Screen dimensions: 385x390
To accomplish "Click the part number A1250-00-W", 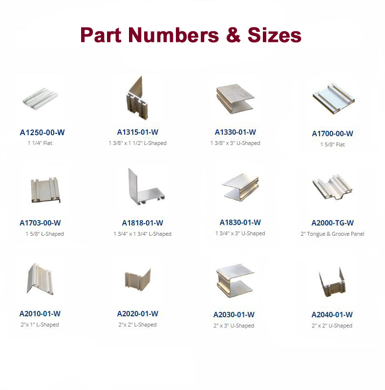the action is pyautogui.click(x=42, y=132).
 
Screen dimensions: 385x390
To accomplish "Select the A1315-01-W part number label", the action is pyautogui.click(x=137, y=132).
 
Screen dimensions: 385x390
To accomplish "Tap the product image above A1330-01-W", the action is pyautogui.click(x=235, y=99).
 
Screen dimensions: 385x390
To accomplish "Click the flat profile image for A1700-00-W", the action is pyautogui.click(x=333, y=99).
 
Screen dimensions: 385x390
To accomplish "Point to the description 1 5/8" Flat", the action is pyautogui.click(x=332, y=144).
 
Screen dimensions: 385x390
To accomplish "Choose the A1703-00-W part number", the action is pyautogui.click(x=40, y=223).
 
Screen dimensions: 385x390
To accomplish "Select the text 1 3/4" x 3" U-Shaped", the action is pyautogui.click(x=240, y=233).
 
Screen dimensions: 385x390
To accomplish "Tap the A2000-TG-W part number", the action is pyautogui.click(x=332, y=223).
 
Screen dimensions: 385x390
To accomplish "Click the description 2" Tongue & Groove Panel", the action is pyautogui.click(x=332, y=234).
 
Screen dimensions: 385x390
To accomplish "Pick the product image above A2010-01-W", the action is pyautogui.click(x=40, y=279).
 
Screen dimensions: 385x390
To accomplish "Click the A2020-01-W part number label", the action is pyautogui.click(x=137, y=314).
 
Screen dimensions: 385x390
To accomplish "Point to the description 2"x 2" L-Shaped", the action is pyautogui.click(x=137, y=325).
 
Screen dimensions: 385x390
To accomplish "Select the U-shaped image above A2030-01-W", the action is pyautogui.click(x=235, y=281).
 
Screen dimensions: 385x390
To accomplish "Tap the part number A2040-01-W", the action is pyautogui.click(x=332, y=315).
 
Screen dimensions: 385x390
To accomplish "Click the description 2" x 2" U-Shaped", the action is pyautogui.click(x=332, y=326).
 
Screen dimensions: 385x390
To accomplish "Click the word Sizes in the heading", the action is pyautogui.click(x=275, y=35).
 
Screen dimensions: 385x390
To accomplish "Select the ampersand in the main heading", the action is pyautogui.click(x=234, y=35).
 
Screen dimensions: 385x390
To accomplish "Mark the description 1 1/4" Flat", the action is pyautogui.click(x=40, y=143).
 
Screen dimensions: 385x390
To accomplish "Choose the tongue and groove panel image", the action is pyautogui.click(x=332, y=187).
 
